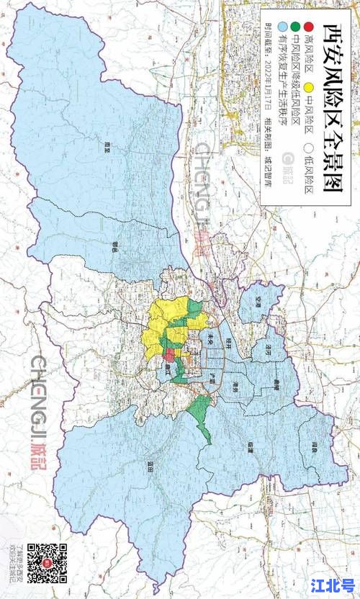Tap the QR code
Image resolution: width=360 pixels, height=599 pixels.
[47, 562]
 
